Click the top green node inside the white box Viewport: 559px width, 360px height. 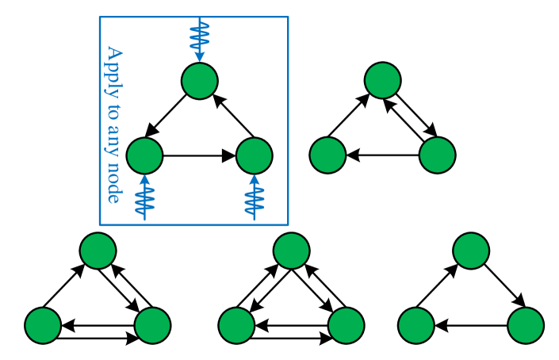pyautogui.click(x=200, y=81)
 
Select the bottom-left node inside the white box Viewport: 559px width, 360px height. pyautogui.click(x=144, y=155)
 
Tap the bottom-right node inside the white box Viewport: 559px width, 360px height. pyautogui.click(x=255, y=155)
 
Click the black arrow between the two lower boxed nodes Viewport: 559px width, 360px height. pyautogui.click(x=199, y=155)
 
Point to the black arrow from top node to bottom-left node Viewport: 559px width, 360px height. pyautogui.click(x=167, y=116)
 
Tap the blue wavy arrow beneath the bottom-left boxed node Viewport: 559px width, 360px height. pyautogui.click(x=144, y=198)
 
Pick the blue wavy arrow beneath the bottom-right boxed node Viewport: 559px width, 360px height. pyautogui.click(x=255, y=198)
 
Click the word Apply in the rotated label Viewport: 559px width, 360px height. pyautogui.click(x=114, y=68)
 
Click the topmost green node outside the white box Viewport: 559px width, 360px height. pyautogui.click(x=383, y=80)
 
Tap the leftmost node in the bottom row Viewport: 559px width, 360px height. pyautogui.click(x=43, y=326)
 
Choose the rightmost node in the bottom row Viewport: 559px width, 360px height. pyautogui.click(x=526, y=326)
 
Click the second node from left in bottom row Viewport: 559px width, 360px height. pyautogui.click(x=152, y=326)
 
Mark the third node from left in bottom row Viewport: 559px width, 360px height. pyautogui.click(x=236, y=326)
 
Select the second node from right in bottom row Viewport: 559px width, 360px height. pyautogui.click(x=416, y=326)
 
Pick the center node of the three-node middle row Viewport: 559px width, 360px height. pyautogui.click(x=291, y=251)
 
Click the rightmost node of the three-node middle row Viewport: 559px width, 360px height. pyautogui.click(x=471, y=251)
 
